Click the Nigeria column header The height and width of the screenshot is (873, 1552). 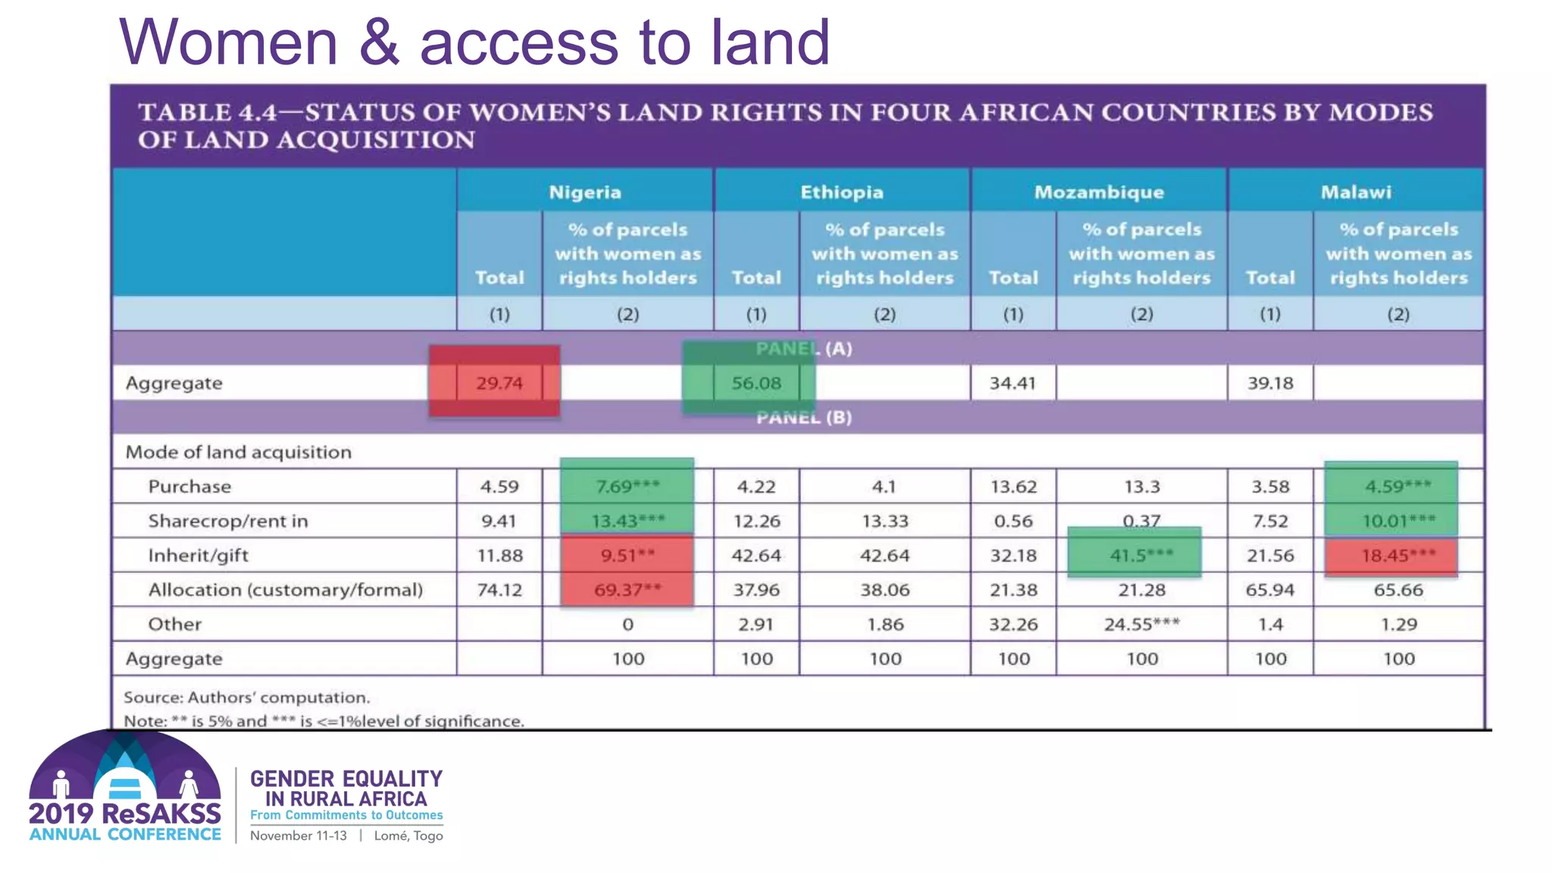[584, 192]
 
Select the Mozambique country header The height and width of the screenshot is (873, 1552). [1099, 192]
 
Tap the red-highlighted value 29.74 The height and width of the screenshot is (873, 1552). [499, 383]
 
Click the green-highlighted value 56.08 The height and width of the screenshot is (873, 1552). [756, 383]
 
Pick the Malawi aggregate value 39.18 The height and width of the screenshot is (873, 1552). [1270, 383]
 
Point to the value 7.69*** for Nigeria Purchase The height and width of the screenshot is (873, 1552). [627, 486]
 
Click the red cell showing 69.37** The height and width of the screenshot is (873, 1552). [627, 590]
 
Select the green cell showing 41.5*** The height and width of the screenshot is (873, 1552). [1141, 555]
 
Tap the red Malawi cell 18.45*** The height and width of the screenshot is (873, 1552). [1398, 555]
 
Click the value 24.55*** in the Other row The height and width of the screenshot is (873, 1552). [1141, 624]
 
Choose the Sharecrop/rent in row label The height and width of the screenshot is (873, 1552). [228, 521]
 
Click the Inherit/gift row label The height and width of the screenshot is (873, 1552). [198, 555]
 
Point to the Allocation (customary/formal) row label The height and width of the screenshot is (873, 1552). [285, 590]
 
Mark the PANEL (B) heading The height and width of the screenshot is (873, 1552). [803, 418]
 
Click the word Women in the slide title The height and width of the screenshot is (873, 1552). [228, 42]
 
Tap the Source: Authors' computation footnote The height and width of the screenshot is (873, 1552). [247, 697]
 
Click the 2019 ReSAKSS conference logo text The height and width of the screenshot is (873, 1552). [125, 814]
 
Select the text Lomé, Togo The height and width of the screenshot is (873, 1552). [408, 836]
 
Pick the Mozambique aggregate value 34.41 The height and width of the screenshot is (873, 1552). [1012, 383]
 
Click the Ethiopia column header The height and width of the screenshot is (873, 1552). [841, 192]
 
